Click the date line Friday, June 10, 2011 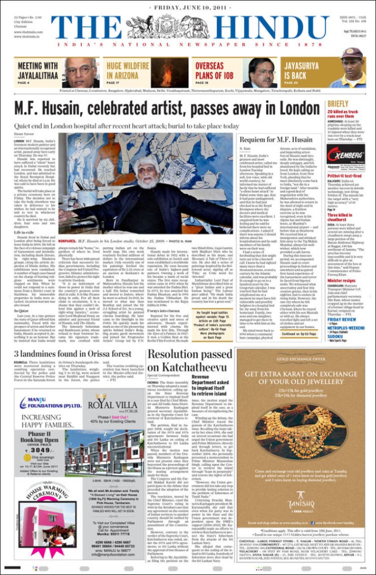(189, 8)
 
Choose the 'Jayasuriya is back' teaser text (301, 70)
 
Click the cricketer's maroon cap (353, 53)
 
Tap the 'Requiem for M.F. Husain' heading (276, 139)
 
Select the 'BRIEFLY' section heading (337, 105)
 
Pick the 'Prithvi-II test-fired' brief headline (345, 176)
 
